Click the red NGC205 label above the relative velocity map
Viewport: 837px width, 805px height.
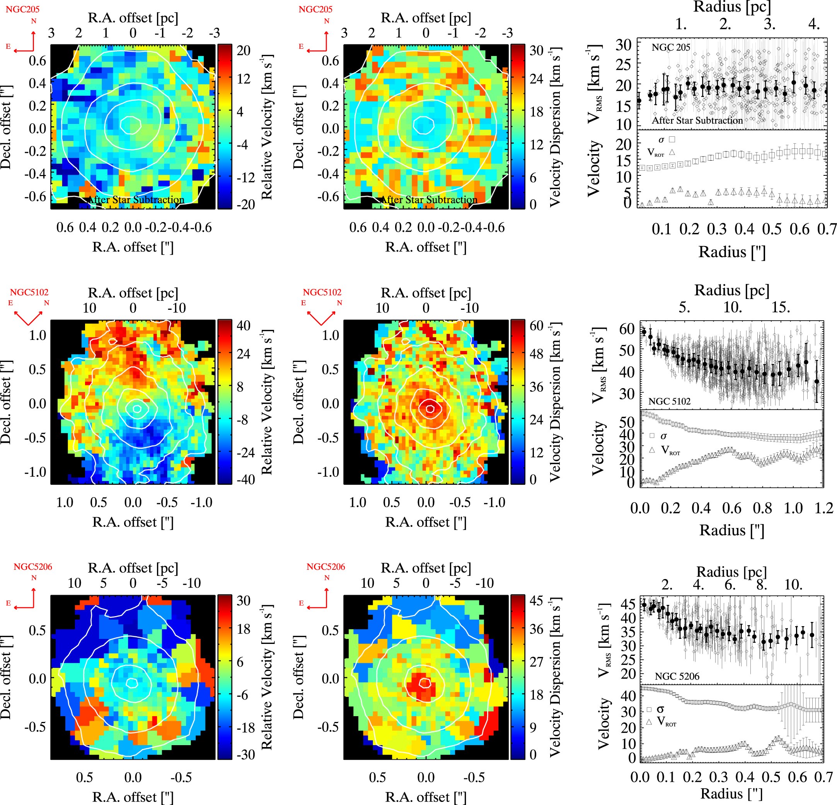tap(22, 9)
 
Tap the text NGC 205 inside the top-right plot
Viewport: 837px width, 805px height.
tap(670, 48)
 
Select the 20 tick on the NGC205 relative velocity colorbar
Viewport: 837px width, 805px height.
tap(244, 50)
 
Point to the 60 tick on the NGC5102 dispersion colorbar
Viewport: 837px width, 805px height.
tap(536, 326)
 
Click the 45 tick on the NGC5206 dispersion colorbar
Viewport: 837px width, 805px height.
tap(536, 601)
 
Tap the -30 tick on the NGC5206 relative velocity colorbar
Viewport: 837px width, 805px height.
tap(245, 755)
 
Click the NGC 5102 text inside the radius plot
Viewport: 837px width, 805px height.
tap(669, 401)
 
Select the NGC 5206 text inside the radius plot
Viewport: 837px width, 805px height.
tap(677, 676)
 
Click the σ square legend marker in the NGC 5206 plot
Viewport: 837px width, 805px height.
tap(649, 710)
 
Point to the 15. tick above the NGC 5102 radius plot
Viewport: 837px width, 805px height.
tap(781, 307)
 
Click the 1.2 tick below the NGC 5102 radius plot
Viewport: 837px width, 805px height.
tap(824, 508)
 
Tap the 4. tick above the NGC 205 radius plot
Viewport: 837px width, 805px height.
tap(814, 24)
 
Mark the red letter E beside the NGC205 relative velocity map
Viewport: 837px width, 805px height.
tap(8, 46)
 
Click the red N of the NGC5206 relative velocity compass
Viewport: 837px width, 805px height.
tap(34, 577)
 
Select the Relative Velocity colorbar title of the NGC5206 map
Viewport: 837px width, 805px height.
tap(267, 677)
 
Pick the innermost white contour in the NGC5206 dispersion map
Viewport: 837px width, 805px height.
tap(424, 683)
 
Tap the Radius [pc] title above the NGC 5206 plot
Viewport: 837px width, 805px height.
tap(731, 572)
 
